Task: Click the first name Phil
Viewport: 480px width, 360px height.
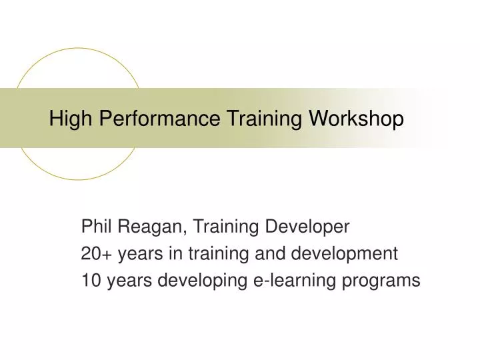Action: pos(95,227)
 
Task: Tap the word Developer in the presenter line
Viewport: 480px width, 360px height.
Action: pos(308,227)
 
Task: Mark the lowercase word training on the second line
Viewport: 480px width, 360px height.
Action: pos(219,254)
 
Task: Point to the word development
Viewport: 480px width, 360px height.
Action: pos(346,254)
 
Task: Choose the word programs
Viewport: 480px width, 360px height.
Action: pos(387,281)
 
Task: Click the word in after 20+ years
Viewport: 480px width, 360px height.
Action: pos(175,254)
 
